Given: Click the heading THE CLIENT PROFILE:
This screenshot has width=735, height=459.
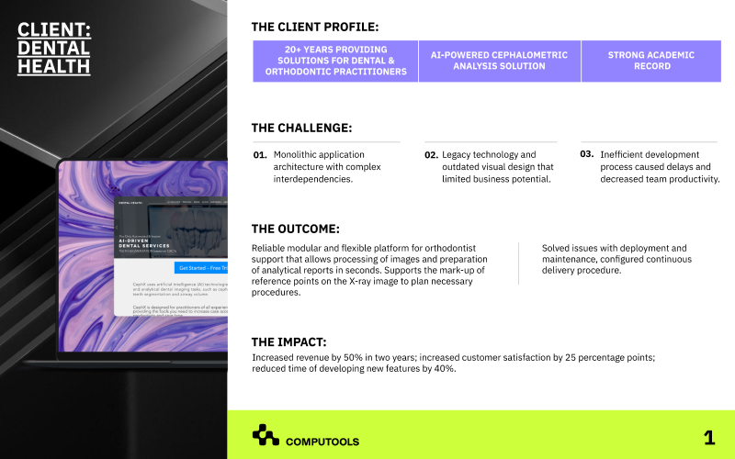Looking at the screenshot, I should point(314,28).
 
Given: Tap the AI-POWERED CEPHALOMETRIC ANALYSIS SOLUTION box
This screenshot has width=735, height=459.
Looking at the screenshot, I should point(499,61).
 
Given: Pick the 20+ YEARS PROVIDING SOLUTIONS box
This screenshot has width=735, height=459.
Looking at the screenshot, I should point(335,61).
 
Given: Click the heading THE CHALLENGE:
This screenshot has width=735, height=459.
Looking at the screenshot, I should point(301,129).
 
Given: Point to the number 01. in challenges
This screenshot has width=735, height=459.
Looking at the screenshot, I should point(260,155).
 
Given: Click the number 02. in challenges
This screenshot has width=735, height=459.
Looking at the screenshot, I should point(431,155).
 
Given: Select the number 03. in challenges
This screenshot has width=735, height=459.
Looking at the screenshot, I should point(586,154).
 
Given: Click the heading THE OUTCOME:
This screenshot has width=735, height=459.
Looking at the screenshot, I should point(296,229).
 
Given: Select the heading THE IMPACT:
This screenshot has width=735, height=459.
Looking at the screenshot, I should point(289,342).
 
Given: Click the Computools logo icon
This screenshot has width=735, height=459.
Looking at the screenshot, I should point(266,434).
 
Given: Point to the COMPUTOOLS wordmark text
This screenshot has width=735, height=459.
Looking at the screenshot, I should point(322,442).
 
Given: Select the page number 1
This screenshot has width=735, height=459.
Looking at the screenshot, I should point(708,438).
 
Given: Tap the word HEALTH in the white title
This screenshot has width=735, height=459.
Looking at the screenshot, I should point(54,66).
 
